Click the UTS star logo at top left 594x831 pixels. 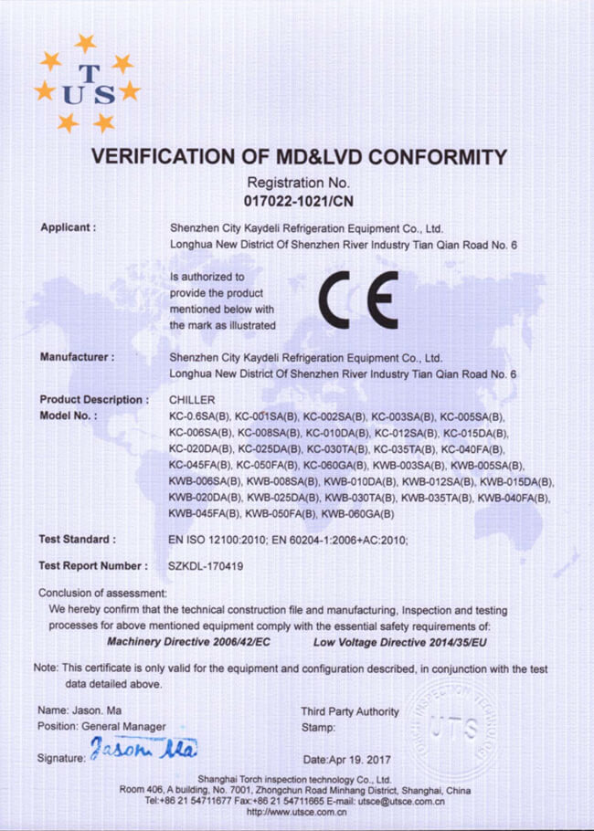(x=86, y=85)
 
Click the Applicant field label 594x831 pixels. (x=68, y=227)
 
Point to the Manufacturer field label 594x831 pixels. (x=76, y=357)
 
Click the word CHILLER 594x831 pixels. (x=192, y=400)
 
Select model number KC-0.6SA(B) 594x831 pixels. (x=201, y=416)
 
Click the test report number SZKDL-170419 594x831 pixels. (x=206, y=566)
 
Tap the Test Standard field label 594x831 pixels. (x=77, y=540)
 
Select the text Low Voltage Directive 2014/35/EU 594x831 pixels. (x=401, y=643)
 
